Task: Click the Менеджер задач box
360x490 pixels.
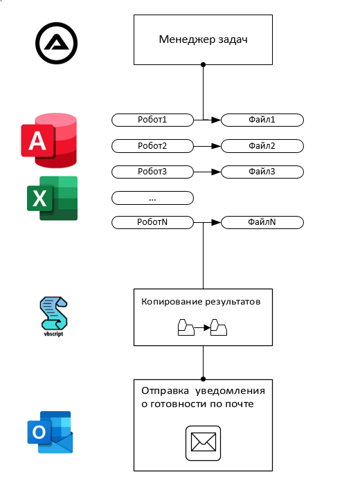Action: [x=203, y=39]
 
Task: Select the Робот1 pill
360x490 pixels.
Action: [x=152, y=120]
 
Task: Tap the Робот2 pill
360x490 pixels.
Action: [x=152, y=146]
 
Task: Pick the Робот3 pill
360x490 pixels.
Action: [x=152, y=172]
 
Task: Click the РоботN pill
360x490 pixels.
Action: [x=152, y=222]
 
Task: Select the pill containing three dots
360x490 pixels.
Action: [x=152, y=198]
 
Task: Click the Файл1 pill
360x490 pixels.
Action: [x=262, y=120]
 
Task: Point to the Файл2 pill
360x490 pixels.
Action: [x=262, y=146]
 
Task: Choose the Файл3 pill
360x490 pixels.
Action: [x=262, y=172]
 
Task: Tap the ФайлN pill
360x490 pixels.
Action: [x=262, y=222]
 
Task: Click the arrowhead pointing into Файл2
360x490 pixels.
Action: [x=216, y=146]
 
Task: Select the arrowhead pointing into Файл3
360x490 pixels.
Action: [x=216, y=172]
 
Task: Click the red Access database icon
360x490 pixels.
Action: [x=48, y=140]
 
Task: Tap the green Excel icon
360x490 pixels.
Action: [x=52, y=198]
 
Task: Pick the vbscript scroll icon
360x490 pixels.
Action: [x=53, y=316]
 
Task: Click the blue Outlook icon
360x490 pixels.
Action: [x=50, y=432]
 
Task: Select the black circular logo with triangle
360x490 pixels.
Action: [x=56, y=43]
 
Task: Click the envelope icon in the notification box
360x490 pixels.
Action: [x=203, y=443]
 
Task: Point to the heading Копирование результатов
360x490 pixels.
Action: [x=201, y=302]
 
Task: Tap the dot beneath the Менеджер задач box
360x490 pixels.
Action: [x=203, y=64]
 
